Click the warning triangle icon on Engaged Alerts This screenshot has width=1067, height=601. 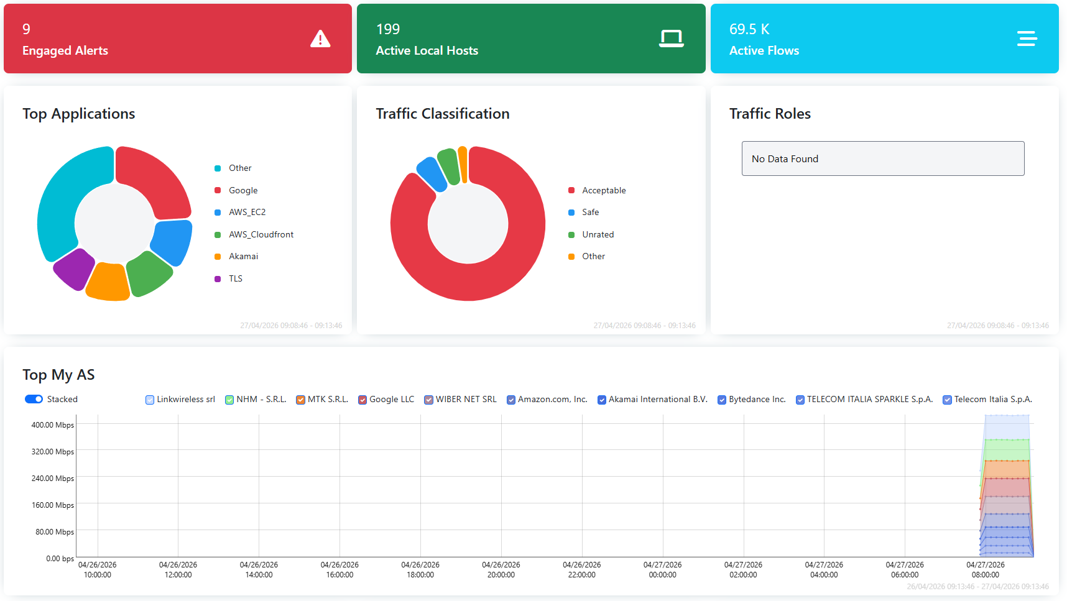pos(320,39)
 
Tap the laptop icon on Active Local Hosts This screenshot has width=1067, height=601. pos(671,39)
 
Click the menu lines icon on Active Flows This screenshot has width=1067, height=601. pos(1027,39)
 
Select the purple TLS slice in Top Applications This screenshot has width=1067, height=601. pos(73,268)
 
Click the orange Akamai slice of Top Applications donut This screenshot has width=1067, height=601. pos(108,282)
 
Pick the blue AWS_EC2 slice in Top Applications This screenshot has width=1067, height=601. pos(172,242)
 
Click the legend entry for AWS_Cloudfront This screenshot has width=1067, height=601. pos(261,234)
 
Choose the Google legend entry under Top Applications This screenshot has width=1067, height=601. pos(242,190)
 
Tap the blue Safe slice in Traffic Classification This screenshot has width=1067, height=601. pos(432,173)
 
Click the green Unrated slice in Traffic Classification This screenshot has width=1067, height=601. pos(448,166)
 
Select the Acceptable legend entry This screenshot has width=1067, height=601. pos(603,190)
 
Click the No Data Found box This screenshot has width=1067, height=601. pos(882,158)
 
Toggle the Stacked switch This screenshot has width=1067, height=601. pos(34,399)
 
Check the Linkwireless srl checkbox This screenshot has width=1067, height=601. pos(150,400)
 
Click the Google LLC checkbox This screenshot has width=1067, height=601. pos(363,400)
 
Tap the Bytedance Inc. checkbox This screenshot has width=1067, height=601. pos(722,400)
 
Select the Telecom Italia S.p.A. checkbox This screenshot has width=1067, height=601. pos(947,400)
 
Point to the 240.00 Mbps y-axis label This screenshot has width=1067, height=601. pos(53,479)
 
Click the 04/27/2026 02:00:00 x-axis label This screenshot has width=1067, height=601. pos(743,569)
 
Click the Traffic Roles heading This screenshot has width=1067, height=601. pos(770,114)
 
